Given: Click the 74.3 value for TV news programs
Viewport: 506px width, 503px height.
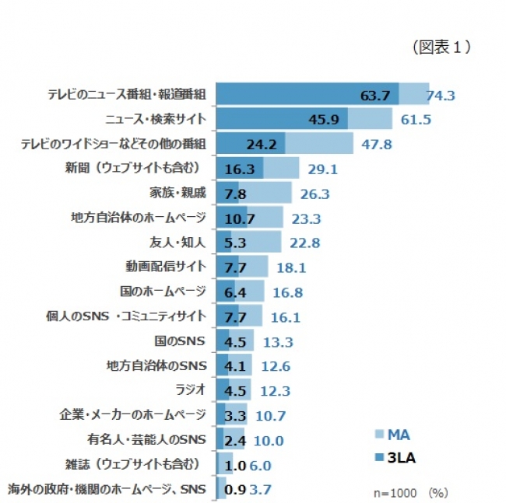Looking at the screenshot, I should click(441, 96).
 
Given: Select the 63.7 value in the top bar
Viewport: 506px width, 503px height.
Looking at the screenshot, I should click(375, 96).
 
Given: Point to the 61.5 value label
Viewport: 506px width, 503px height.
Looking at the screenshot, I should click(416, 120).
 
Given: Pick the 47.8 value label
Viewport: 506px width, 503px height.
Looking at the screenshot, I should click(377, 144).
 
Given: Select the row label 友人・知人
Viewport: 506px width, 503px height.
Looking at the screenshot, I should click(178, 242).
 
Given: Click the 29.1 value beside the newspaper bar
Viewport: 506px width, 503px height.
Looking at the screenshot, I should click(322, 168).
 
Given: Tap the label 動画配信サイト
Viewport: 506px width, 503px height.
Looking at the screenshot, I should click(167, 266).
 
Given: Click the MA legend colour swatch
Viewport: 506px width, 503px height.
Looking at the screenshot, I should click(381, 434).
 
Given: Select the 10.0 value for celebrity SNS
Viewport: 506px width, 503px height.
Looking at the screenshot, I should click(268, 441).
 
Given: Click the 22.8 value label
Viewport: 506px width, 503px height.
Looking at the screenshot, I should click(304, 243).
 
